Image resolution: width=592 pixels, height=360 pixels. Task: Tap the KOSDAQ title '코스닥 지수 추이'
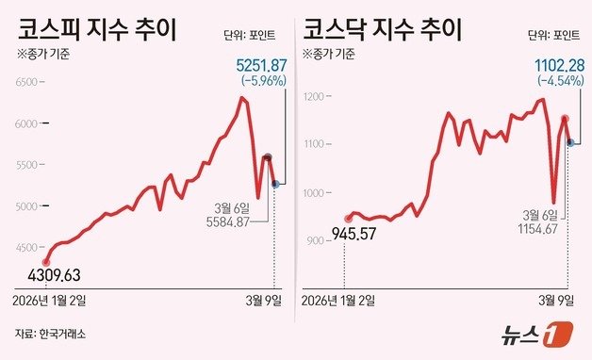point(382,25)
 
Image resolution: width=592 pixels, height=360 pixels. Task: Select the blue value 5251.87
point(260,64)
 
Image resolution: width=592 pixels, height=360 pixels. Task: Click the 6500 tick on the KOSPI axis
point(24,83)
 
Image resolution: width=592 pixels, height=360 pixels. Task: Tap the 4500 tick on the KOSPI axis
point(24,248)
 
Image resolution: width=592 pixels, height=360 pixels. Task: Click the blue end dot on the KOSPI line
point(275,185)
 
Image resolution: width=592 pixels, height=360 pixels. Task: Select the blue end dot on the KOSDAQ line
point(570,142)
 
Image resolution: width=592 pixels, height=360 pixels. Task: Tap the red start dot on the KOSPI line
point(46,262)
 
